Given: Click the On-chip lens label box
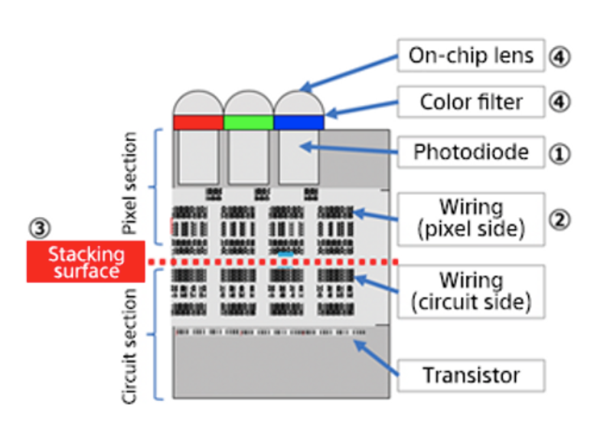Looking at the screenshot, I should [x=471, y=55].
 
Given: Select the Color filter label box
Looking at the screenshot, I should [x=471, y=100].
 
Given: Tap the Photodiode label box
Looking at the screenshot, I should [x=471, y=152].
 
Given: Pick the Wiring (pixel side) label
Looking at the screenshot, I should [x=471, y=218].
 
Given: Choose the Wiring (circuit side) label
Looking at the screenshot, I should [x=471, y=291].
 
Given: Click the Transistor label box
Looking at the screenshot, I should [x=471, y=376].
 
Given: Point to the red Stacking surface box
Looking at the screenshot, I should [x=86, y=261].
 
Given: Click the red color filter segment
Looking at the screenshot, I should [x=198, y=122].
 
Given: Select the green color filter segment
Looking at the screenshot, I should [x=249, y=122].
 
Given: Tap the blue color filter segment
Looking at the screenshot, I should [x=299, y=122].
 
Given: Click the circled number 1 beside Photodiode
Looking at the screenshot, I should [x=560, y=153].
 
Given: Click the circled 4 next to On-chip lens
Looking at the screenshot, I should [x=560, y=56].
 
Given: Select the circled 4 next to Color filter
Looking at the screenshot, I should [x=560, y=101].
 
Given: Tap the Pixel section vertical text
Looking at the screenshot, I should [x=130, y=183].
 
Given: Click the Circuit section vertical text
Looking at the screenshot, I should [x=130, y=346].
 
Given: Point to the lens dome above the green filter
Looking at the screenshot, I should [x=249, y=103].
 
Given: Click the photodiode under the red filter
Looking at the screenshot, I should [x=198, y=157].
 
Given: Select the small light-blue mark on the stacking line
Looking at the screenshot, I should [x=285, y=254].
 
